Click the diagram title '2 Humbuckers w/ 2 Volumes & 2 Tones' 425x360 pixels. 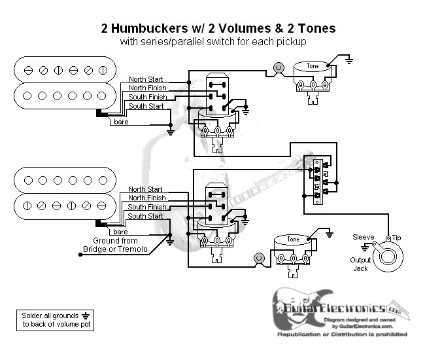[218, 28]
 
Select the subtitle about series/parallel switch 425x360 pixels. [218, 42]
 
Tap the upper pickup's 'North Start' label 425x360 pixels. [146, 78]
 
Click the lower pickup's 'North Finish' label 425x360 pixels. [146, 198]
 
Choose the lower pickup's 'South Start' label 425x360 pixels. [146, 216]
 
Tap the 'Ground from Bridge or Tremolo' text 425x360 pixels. [115, 245]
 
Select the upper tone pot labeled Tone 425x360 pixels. [313, 67]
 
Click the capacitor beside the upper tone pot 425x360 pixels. [279, 67]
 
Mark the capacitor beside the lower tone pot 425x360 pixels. [260, 259]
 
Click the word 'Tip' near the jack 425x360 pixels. [398, 237]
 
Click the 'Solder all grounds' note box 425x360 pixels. [53, 319]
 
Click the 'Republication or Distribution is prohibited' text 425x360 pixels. [342, 334]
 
